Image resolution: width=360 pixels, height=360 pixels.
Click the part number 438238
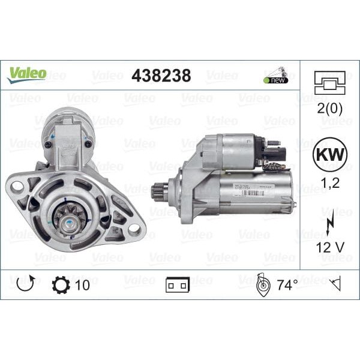[x=161, y=76]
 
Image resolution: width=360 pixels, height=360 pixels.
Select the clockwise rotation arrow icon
[x=26, y=284]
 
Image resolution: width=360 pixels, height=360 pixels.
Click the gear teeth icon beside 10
[x=61, y=284]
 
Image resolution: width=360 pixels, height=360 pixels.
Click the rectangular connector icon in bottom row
[x=178, y=285]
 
